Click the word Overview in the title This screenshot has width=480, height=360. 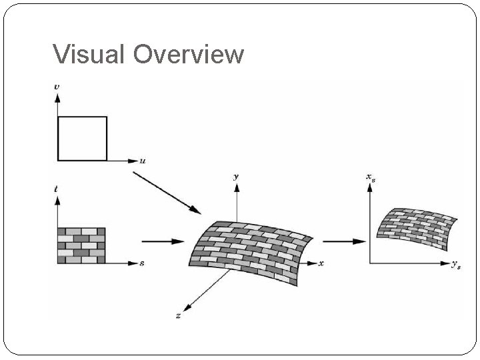(x=189, y=54)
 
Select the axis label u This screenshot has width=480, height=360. (x=143, y=161)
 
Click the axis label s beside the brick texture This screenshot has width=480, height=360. (x=142, y=264)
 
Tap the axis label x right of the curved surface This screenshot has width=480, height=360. (x=321, y=264)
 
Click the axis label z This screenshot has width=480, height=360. (x=178, y=315)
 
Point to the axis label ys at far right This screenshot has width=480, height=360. (x=456, y=265)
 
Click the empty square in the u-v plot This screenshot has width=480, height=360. (x=82, y=139)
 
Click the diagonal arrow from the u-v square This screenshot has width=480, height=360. (x=166, y=193)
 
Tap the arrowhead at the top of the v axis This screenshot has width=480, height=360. (x=57, y=97)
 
